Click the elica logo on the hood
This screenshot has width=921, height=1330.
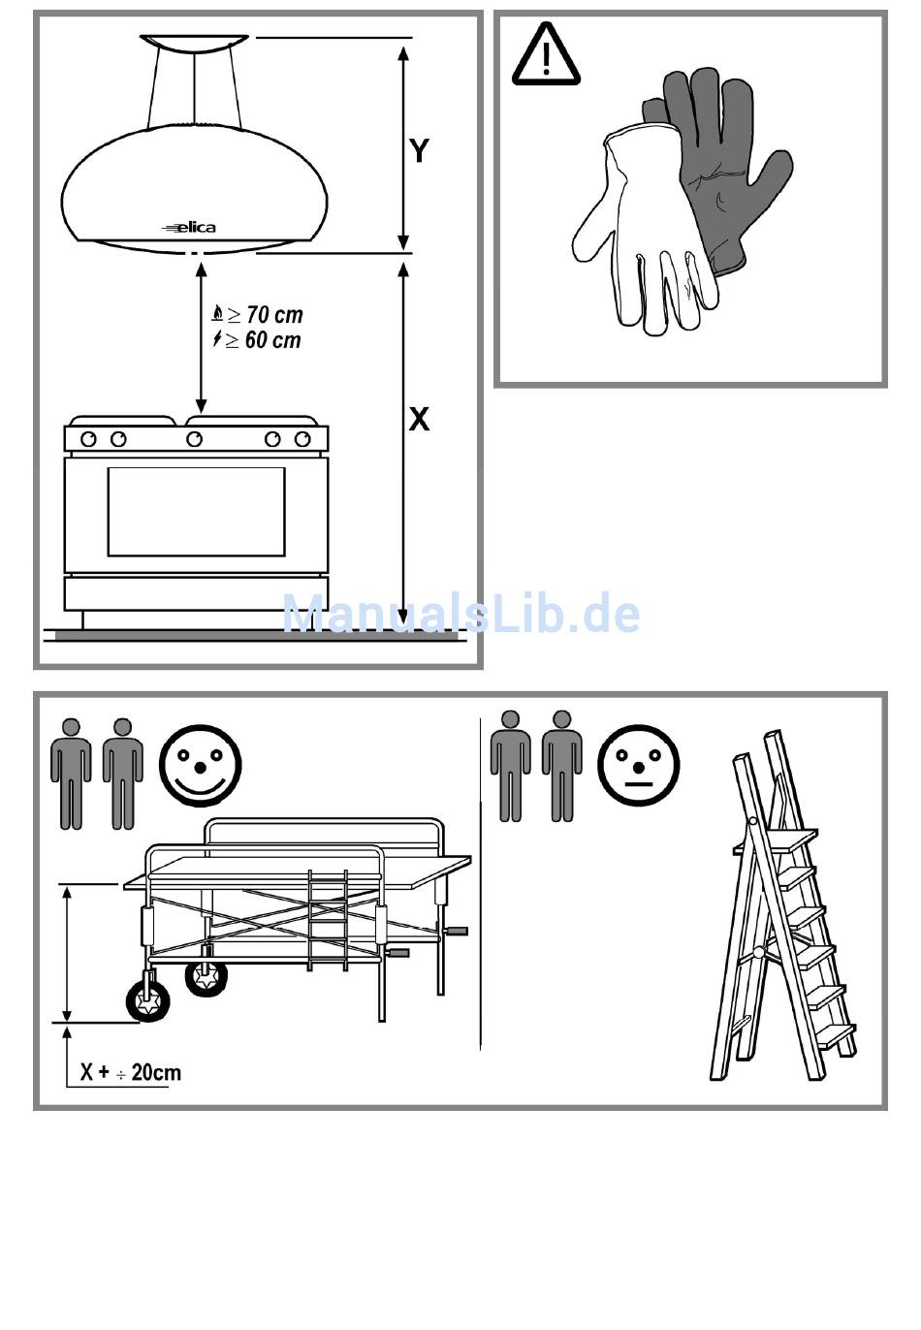pos(188,228)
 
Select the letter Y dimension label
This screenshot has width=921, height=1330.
pos(419,151)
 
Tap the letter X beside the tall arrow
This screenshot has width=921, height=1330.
pos(419,420)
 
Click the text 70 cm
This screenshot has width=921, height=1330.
pos(274,315)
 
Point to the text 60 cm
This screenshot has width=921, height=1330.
pos(273,340)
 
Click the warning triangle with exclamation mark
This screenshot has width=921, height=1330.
pos(546,53)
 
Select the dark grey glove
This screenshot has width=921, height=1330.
pos(721,167)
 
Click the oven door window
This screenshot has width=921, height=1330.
pos(197,511)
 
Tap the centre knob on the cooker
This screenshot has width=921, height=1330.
pos(194,439)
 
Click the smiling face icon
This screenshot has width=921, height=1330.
pos(201,766)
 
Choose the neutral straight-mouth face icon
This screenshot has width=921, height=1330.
pos(638,766)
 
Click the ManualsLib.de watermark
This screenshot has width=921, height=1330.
pos(461,612)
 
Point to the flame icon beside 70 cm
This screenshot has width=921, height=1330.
pos(218,313)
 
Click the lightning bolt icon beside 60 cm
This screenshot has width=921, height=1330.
pos(217,339)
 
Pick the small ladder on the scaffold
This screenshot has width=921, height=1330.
pos(327,920)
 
